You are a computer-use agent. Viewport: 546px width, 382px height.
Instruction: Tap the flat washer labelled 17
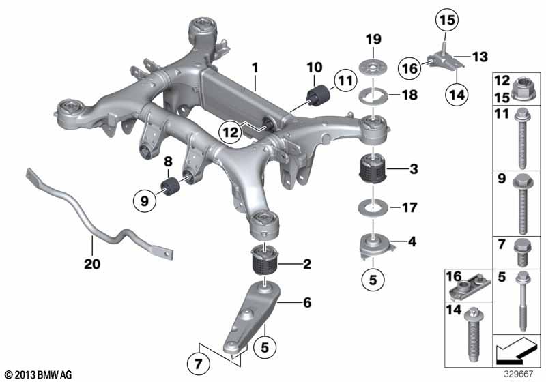[x=372, y=206]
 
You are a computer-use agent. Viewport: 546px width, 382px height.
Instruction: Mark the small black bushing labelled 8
[x=169, y=185]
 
